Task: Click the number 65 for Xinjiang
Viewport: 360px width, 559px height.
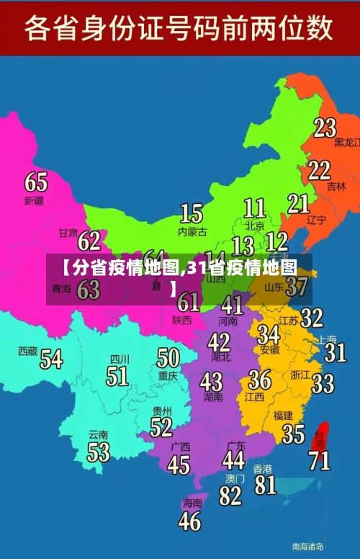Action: pos(36,182)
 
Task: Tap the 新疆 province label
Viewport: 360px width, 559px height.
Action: pos(34,200)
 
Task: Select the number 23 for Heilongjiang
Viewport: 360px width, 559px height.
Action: pos(325,128)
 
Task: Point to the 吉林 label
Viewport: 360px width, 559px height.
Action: pos(336,186)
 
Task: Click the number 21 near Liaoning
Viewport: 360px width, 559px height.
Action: pos(298,204)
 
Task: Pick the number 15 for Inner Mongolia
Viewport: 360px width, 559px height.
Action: pos(191,213)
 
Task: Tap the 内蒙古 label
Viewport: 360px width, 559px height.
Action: pos(192,232)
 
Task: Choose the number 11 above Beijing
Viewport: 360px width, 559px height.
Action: pos(254,208)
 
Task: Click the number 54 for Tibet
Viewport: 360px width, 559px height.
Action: pos(50,358)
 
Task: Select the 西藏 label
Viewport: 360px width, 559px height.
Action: pos(27,351)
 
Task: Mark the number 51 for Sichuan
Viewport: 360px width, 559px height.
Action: pos(117,375)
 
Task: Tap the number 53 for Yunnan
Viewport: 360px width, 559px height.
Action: pos(98,452)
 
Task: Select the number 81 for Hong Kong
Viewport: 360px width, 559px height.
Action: pos(265,484)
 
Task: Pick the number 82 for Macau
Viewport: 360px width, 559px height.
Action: pos(230,495)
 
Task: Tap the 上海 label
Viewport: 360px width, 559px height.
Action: pos(328,339)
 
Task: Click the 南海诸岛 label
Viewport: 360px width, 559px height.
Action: pos(307,546)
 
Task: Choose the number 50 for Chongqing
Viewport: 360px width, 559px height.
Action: pos(168,357)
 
